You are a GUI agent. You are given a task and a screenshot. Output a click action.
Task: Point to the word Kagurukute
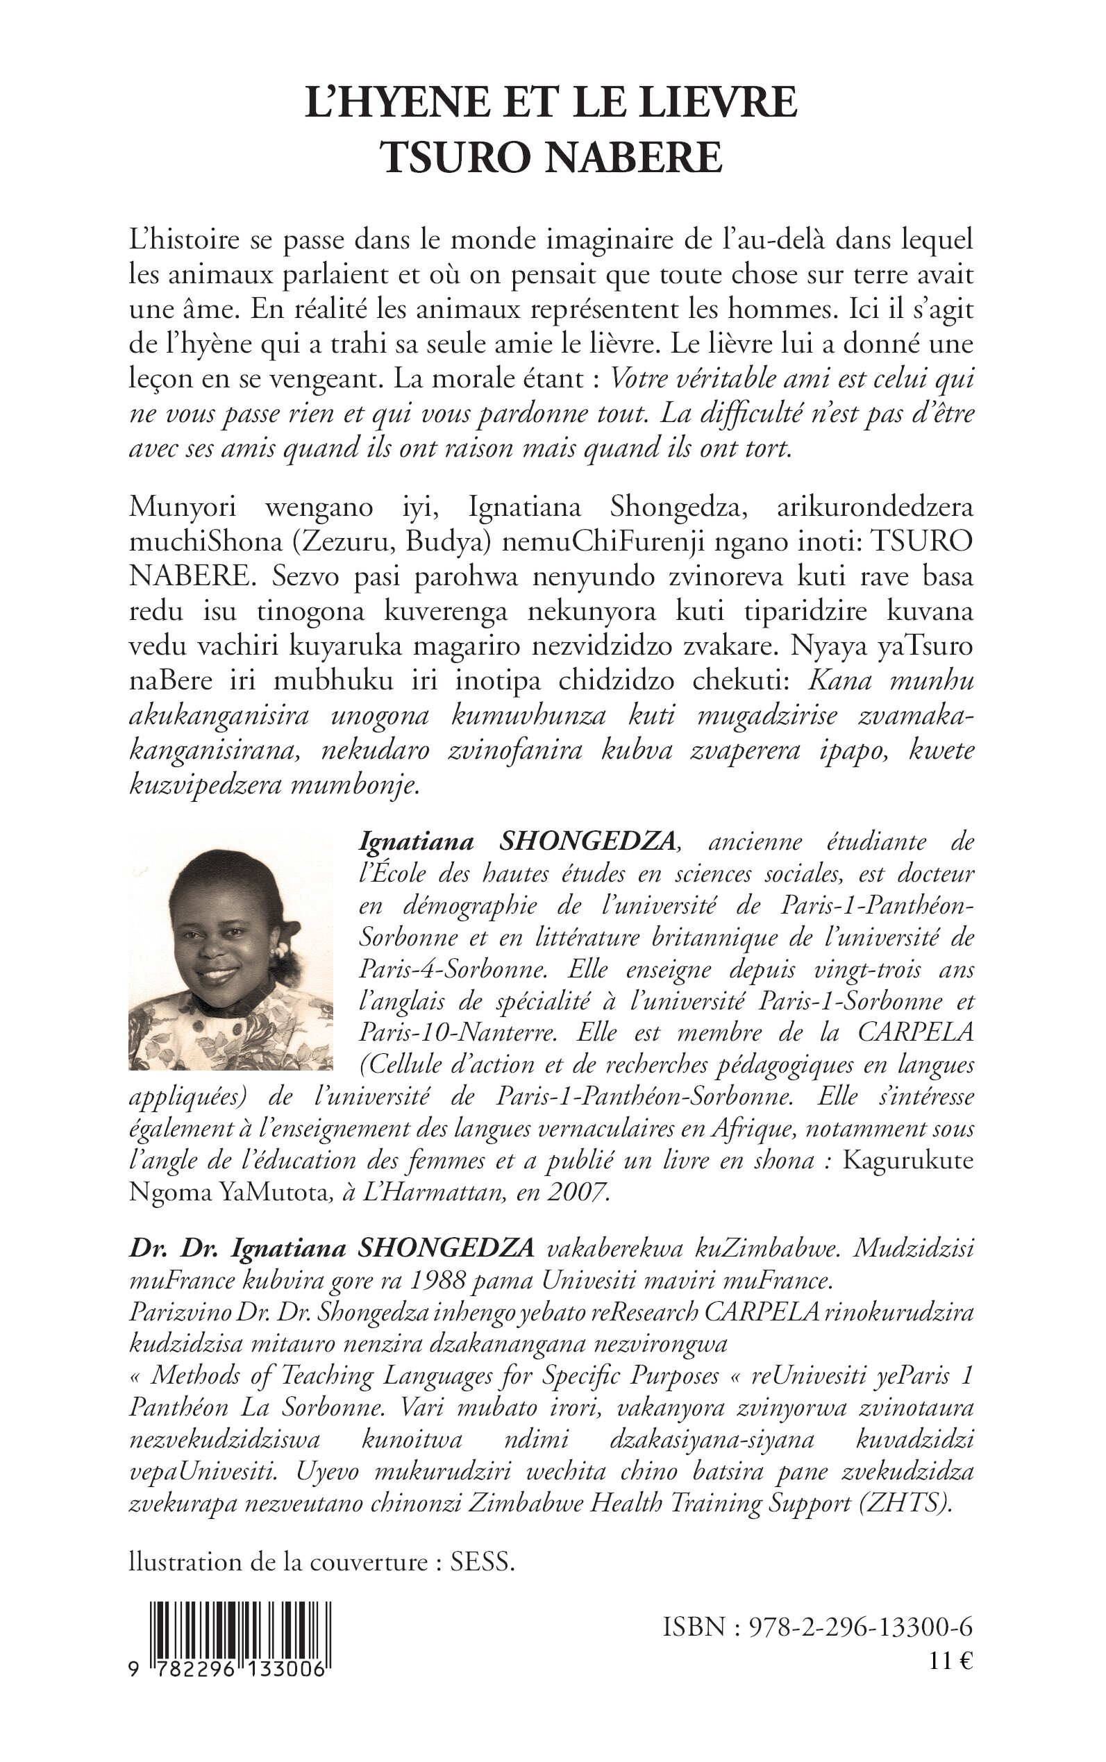pos(907,1161)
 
